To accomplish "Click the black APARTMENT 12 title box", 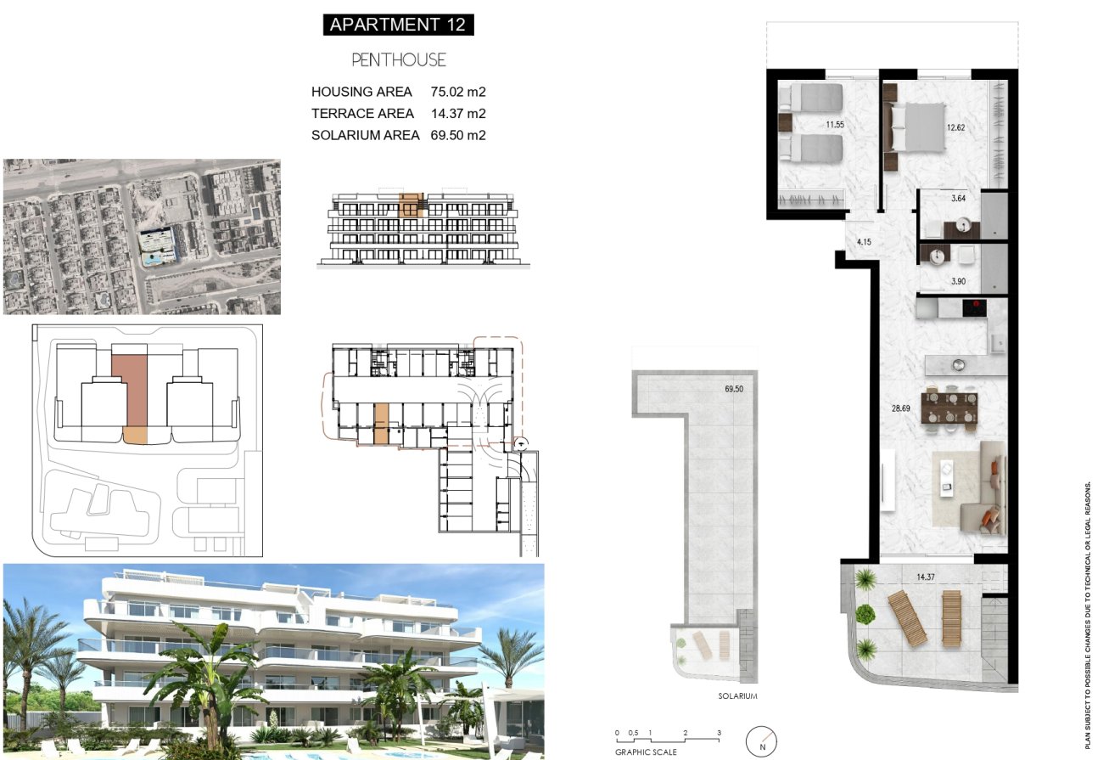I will coord(398,24).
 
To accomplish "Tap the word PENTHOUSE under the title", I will coord(398,60).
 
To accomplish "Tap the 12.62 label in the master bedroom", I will coord(956,128).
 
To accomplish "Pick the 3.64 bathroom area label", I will coord(959,199).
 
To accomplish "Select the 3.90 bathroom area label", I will coord(959,281).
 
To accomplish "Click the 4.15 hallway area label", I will coord(865,242).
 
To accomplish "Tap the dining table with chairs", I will coord(950,408).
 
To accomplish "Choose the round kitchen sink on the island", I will coord(957,364).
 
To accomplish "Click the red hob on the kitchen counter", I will coord(974,307).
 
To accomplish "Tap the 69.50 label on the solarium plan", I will coord(734,389).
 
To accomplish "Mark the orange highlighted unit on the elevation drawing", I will coord(411,205).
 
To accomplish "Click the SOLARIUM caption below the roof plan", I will coord(736,696).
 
